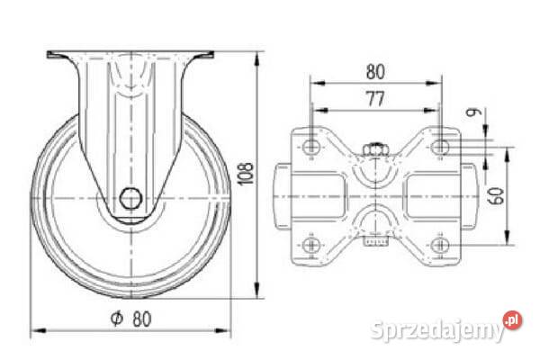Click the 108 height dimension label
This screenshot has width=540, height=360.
coord(246,174)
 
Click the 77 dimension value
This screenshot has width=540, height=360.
coord(375,98)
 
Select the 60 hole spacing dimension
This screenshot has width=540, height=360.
coord(496,196)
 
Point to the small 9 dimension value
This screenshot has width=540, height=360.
coord(472,112)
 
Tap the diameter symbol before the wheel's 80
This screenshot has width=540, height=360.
coord(117,319)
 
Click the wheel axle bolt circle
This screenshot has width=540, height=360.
coord(130,198)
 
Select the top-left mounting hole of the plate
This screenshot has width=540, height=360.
coord(311,147)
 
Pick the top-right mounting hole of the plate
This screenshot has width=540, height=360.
coord(440,147)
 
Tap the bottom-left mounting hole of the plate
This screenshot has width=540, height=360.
coord(311,246)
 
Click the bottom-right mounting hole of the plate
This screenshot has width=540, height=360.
coord(440,246)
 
